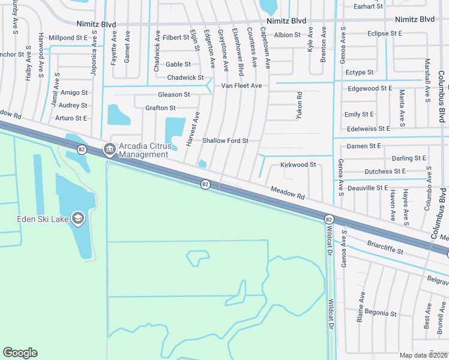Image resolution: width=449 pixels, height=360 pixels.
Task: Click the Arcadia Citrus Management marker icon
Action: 109,149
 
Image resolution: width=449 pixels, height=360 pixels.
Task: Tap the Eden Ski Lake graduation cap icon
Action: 77,218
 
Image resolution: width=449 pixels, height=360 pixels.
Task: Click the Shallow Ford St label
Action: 225,141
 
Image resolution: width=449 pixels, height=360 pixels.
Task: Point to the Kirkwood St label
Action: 298,164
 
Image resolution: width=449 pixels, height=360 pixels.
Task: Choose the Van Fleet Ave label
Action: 241,86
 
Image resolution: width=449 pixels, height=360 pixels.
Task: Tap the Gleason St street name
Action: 173,95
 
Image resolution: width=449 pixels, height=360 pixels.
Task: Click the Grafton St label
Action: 160,108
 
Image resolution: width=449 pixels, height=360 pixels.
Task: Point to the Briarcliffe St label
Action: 384,248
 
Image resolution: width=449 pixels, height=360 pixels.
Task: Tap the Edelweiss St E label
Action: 368,128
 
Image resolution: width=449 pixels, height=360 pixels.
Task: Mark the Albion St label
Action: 287,35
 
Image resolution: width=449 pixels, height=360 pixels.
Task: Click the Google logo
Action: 20,353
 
